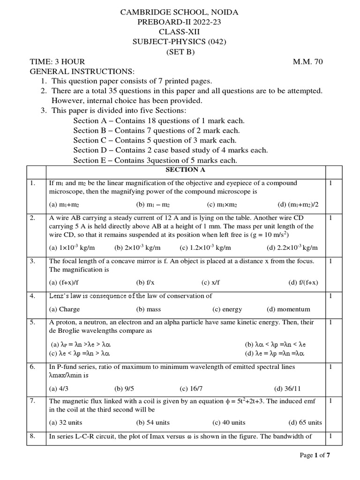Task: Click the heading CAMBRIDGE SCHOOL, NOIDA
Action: (180, 12)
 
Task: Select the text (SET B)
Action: (180, 52)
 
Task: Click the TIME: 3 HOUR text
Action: (58, 62)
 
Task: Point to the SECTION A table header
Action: (180, 170)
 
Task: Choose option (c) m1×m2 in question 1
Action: (223, 204)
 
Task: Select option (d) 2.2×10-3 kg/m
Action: (292, 248)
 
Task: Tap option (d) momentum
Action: (288, 309)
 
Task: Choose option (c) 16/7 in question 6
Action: (190, 388)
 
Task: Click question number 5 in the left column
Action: (33, 322)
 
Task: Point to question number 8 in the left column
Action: (33, 436)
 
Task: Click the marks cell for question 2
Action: (330, 217)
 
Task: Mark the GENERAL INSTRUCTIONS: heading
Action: (82, 71)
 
